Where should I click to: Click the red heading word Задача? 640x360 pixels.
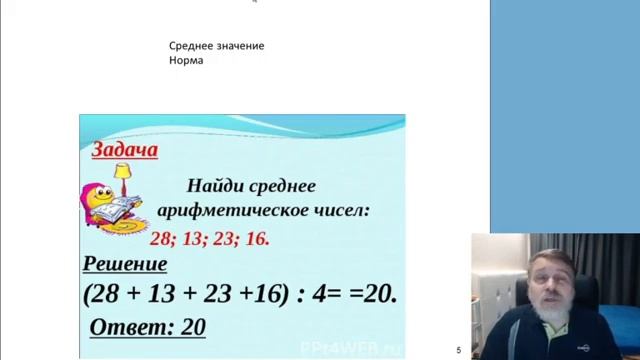point(125,151)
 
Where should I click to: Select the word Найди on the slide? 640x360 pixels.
point(217,186)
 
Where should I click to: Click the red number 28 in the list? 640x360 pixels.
point(161,239)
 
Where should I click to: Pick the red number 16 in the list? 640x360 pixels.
point(256,239)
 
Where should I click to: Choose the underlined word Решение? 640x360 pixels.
point(125,265)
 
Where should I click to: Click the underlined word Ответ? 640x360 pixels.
point(128,327)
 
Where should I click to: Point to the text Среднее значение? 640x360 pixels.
point(217,46)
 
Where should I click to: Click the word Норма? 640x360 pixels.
point(186,60)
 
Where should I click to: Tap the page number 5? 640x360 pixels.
point(458,350)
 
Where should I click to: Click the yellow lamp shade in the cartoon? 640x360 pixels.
point(122,172)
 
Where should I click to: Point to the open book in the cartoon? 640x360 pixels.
point(131,210)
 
